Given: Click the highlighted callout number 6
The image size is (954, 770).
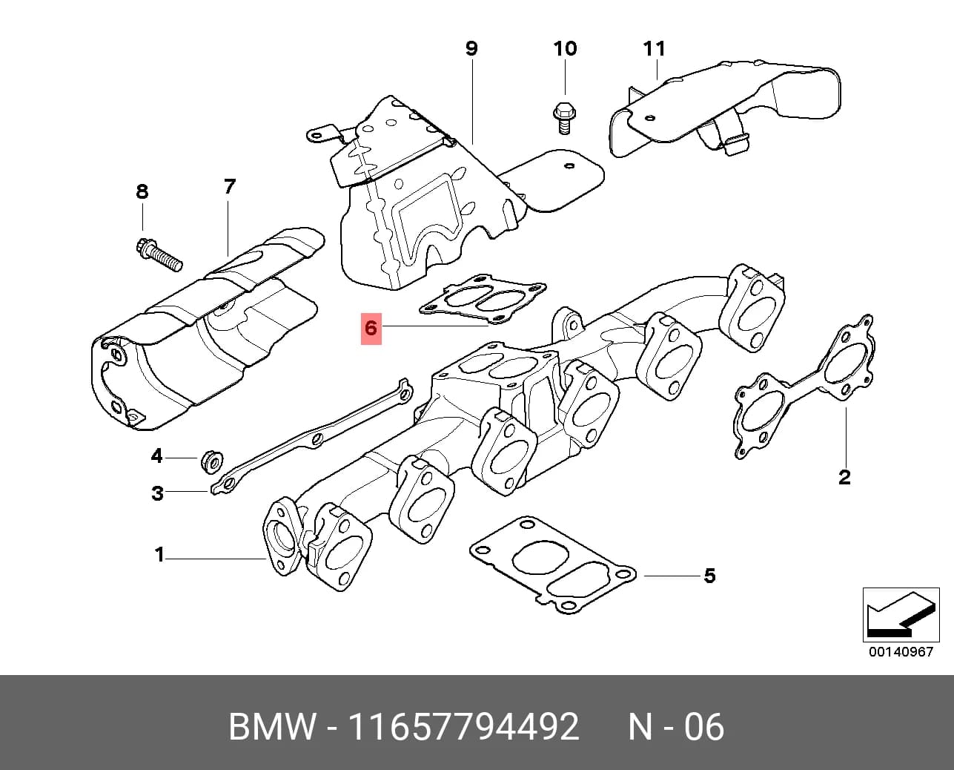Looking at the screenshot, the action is coord(371,329).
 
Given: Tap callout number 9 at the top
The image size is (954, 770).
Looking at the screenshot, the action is coord(471,48).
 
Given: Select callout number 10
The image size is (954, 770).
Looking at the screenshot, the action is coord(566,48).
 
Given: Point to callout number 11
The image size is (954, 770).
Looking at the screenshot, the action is coord(655,48).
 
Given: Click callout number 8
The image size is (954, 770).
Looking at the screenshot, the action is coord(142,191).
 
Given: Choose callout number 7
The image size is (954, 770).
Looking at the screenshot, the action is coord(229,186).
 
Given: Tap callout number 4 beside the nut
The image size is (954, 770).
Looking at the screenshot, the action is coord(157,455).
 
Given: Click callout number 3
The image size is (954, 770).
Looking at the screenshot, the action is coord(157,493).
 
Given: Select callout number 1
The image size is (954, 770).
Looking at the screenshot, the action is coord(159,555).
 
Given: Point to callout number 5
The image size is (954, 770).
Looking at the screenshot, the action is coord(709,576).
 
